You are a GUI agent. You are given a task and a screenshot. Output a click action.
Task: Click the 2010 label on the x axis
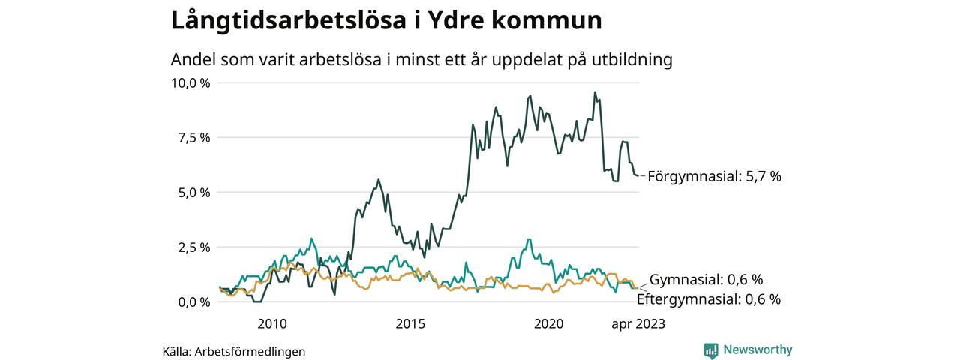(x=272, y=323)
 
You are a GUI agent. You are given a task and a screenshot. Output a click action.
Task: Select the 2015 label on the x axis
(x=410, y=323)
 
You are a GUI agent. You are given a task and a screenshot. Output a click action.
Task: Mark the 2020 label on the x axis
(x=548, y=323)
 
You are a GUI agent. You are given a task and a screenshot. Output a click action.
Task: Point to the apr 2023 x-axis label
(x=638, y=323)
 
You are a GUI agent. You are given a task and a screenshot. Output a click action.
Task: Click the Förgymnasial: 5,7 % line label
(x=714, y=177)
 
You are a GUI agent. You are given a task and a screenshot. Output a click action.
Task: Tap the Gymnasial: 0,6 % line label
(x=706, y=280)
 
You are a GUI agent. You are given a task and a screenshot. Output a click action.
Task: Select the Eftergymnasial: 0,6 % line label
(x=708, y=299)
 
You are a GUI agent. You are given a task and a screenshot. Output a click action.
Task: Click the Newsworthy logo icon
(x=711, y=350)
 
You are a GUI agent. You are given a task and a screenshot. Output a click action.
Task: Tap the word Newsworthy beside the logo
(x=757, y=350)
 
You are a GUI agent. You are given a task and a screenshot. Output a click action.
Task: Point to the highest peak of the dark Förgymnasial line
(x=595, y=92)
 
